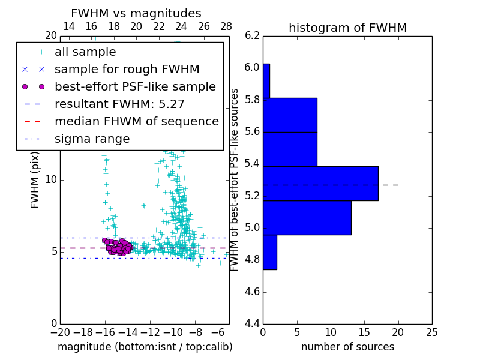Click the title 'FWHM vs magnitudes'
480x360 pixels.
point(136,13)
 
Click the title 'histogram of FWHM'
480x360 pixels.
point(347,28)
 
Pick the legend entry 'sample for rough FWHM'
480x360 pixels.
point(127,69)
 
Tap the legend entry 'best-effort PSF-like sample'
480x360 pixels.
point(135,86)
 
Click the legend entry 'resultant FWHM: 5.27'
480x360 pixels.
point(119,104)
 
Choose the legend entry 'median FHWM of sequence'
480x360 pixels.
point(136,121)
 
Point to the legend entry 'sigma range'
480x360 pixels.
point(92,139)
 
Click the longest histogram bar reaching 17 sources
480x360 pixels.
point(320,183)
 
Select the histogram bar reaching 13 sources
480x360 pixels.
point(307,217)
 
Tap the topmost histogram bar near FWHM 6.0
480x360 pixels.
point(266,80)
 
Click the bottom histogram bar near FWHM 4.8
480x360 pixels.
point(269,252)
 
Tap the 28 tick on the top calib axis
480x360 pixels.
point(226,26)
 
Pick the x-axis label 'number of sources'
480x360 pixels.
point(347,347)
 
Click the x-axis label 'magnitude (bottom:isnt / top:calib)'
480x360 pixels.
point(145,347)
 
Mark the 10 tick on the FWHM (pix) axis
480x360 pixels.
point(51,179)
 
